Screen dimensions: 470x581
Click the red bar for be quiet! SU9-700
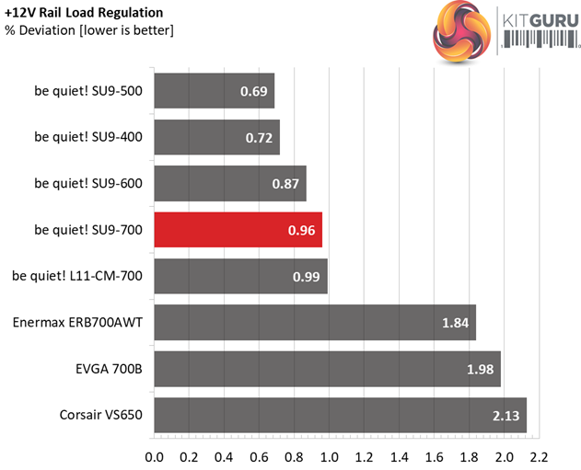coord(238,229)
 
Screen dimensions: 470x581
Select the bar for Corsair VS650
coord(340,415)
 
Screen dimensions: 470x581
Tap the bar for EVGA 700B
coord(327,369)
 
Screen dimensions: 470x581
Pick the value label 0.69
coord(253,91)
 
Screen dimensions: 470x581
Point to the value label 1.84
coord(454,322)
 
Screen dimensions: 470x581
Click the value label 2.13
coord(505,415)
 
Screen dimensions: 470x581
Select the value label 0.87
coord(285,183)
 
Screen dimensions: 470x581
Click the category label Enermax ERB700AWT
coord(77,322)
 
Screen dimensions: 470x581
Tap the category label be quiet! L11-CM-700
coord(77,275)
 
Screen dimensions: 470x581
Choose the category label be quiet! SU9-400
coord(88,136)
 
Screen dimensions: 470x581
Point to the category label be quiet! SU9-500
coord(88,90)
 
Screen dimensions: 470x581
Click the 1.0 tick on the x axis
coord(330,454)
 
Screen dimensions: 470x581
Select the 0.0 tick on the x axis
coord(155,454)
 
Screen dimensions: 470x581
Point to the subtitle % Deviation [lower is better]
coord(89,30)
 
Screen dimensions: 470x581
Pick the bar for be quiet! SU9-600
coord(230,183)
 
